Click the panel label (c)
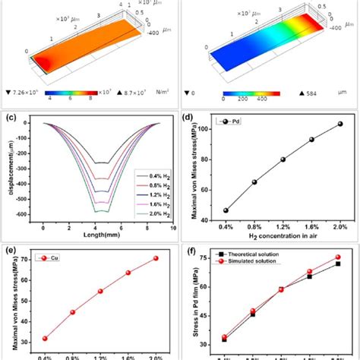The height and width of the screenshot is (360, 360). [11, 117]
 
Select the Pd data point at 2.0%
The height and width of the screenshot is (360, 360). [340, 124]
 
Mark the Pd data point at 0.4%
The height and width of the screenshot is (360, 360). [226, 210]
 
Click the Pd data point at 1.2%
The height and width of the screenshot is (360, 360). [283, 159]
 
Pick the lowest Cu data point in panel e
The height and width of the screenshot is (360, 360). [45, 339]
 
